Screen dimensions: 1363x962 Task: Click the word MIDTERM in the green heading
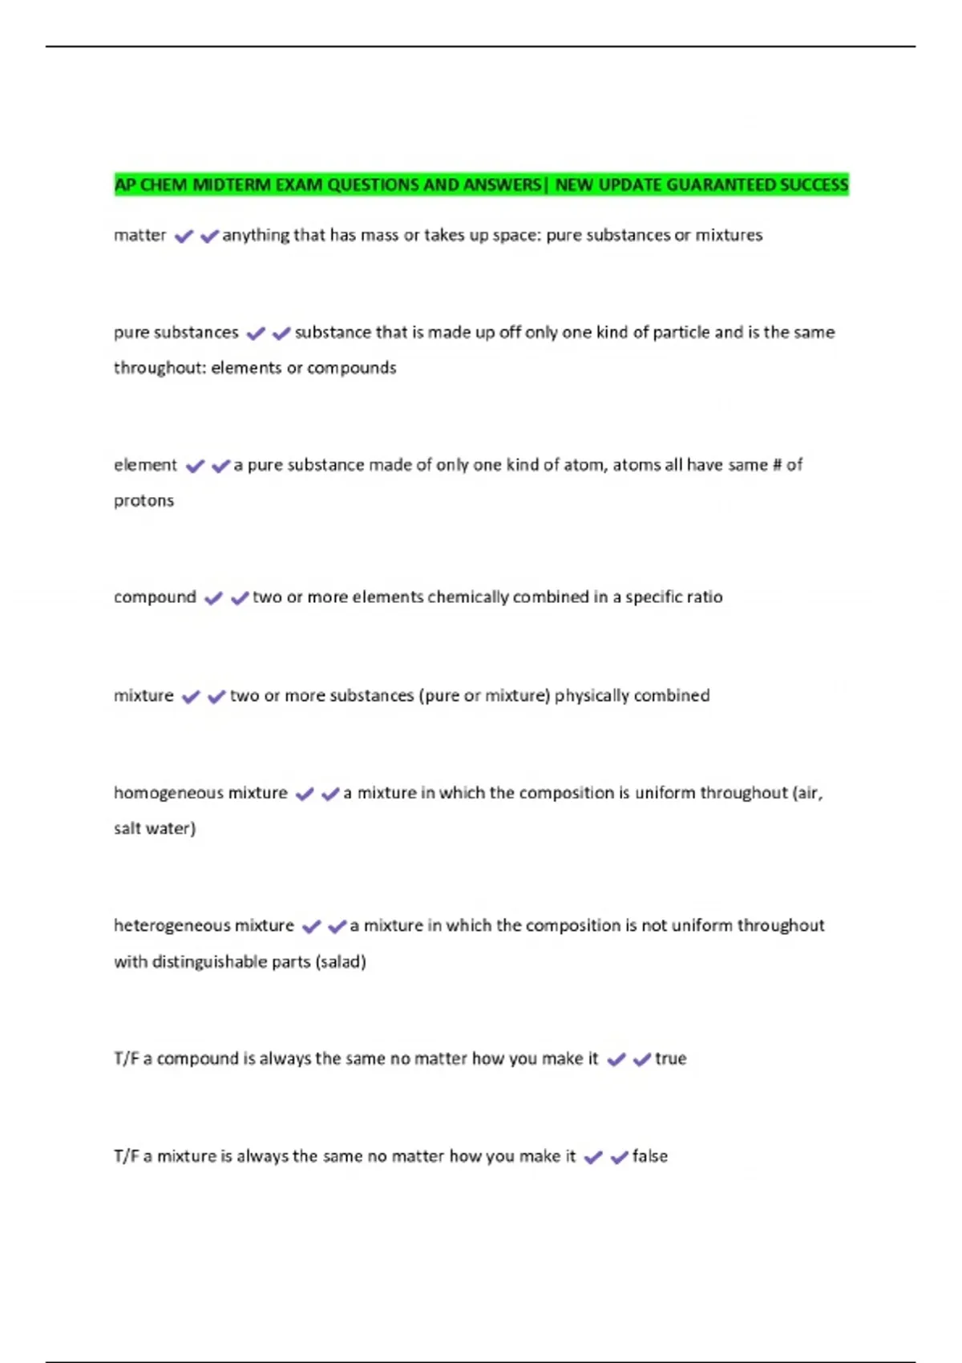(x=232, y=185)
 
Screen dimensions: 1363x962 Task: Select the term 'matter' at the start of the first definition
(x=139, y=236)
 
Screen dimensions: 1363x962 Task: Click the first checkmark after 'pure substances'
(x=256, y=334)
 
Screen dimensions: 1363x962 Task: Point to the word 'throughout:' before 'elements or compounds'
(x=160, y=368)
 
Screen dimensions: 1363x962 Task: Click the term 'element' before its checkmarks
(x=145, y=465)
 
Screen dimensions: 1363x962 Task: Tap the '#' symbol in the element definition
(x=776, y=465)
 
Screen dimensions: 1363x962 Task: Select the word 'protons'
(x=143, y=500)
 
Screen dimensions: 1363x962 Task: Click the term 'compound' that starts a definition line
(x=155, y=597)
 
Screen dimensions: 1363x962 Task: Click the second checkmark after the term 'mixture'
(x=216, y=697)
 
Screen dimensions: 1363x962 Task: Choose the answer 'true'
(x=670, y=1059)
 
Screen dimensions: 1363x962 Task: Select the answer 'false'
(x=649, y=1156)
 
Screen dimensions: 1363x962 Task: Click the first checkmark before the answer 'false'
(x=593, y=1158)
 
